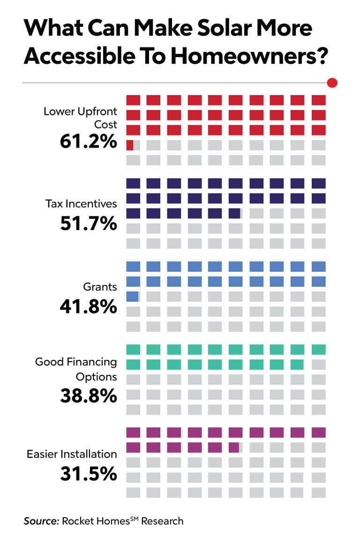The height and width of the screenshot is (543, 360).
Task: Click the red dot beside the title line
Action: (x=332, y=83)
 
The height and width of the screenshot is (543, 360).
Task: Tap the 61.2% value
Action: (x=88, y=141)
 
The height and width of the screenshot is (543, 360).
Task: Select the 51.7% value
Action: (x=88, y=223)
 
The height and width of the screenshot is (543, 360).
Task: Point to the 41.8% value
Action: (x=88, y=306)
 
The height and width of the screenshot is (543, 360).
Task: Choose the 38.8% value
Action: (x=88, y=396)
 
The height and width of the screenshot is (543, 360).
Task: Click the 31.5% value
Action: (x=88, y=474)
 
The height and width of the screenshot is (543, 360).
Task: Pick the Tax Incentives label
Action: (x=81, y=204)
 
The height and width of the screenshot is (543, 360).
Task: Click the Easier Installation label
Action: (x=72, y=454)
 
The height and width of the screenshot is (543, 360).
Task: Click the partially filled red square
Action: (x=130, y=145)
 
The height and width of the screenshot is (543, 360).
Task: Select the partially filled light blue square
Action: (x=132, y=296)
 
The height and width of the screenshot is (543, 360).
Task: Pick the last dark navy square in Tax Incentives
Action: (x=234, y=214)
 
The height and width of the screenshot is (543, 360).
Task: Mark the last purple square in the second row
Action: (x=234, y=447)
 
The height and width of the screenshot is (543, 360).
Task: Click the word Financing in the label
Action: (x=89, y=362)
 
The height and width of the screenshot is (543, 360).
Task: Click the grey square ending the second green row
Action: (x=319, y=364)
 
